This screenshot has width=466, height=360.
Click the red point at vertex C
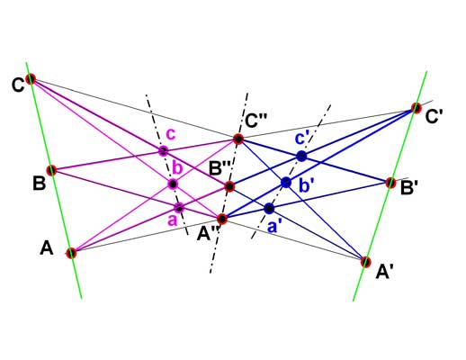click(31, 79)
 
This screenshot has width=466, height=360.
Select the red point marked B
click(52, 170)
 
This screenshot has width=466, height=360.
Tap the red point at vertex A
click(71, 253)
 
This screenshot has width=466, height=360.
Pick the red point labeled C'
click(417, 108)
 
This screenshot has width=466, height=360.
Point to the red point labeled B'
click(390, 183)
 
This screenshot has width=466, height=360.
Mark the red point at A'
click(365, 262)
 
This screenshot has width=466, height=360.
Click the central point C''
click(238, 139)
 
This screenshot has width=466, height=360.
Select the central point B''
click(229, 187)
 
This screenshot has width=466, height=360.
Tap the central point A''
click(222, 219)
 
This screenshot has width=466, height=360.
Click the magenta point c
click(164, 150)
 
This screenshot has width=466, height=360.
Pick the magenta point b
click(173, 184)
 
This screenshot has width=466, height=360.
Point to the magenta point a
click(179, 207)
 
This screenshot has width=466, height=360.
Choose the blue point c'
click(301, 157)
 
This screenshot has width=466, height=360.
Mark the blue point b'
click(286, 182)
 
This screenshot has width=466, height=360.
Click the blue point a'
click(269, 208)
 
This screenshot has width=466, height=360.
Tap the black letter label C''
click(255, 121)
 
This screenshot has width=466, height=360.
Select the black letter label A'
click(385, 273)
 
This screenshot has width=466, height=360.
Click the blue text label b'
click(306, 186)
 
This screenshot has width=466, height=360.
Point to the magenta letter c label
click(171, 135)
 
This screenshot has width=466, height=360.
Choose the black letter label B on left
click(39, 183)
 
